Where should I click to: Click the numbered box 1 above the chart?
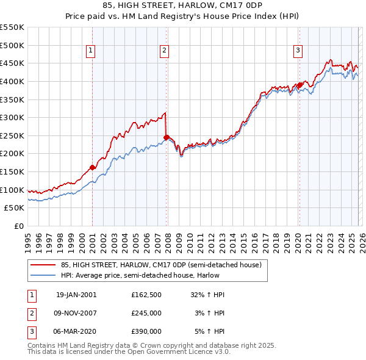coord(90,51)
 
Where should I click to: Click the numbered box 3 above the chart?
coord(298,51)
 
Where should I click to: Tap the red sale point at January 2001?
coord(93,167)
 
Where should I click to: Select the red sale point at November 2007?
coord(166,137)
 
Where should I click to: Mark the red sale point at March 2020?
coord(300,85)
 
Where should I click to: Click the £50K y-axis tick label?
coord(15,208)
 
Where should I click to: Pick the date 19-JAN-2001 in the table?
coord(76,295)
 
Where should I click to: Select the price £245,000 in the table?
coord(146,313)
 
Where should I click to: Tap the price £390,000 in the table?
coord(146,331)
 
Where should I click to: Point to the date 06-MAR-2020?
coord(76,331)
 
